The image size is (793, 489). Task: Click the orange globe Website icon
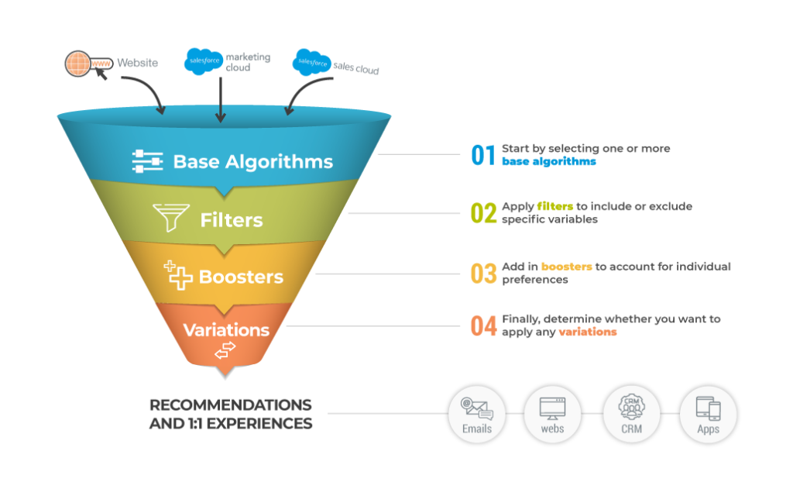coord(80,64)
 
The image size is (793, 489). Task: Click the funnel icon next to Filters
coord(170,219)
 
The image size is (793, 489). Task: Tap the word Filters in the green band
coord(231,219)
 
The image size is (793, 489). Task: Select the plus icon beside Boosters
coord(178,275)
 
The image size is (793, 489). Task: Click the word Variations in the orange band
coord(226,329)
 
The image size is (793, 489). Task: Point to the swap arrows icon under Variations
coord(225,351)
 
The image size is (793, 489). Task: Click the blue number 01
coord(482,155)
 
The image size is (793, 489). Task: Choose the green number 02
coord(483,213)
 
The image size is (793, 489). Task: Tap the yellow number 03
coord(483,273)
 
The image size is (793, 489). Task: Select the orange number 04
coord(483,325)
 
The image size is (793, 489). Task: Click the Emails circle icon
coord(477,414)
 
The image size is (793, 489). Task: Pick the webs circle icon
coord(553,414)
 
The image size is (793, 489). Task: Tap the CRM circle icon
coord(630,414)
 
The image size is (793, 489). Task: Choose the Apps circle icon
coord(708,414)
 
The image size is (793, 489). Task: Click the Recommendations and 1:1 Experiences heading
coord(231,414)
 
